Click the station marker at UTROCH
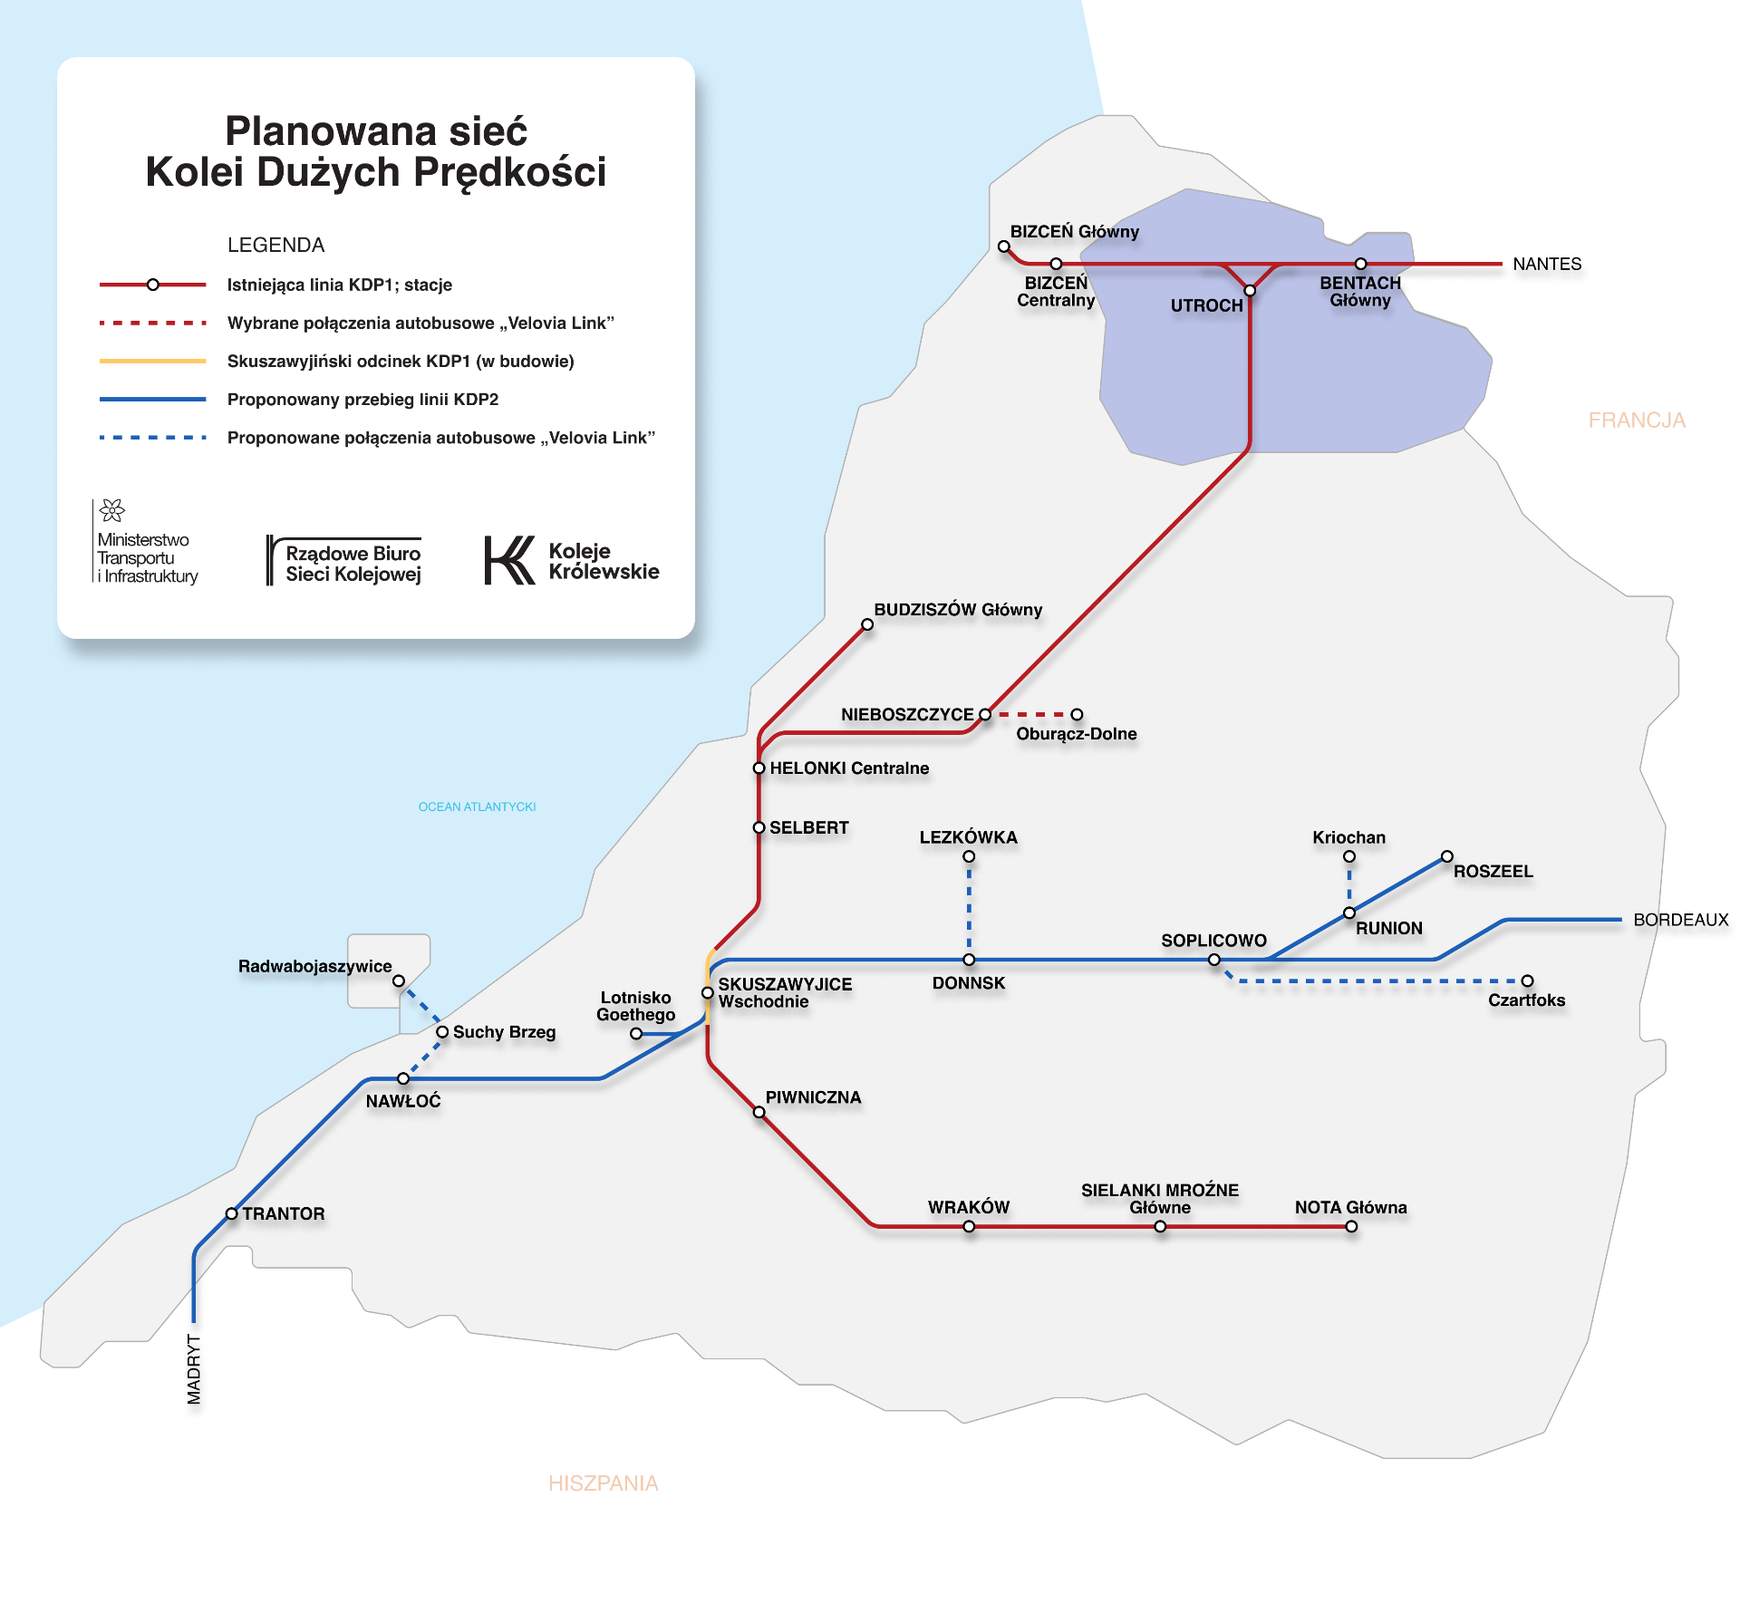coord(1250,291)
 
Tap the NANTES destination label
coord(1547,264)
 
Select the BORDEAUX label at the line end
coord(1681,920)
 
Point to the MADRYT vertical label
coord(194,1369)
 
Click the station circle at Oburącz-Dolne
coord(1077,714)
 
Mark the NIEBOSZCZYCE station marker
coord(985,714)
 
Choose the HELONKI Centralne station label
coord(849,768)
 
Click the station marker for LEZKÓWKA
coord(969,856)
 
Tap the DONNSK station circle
coord(969,960)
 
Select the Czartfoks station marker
coord(1527,980)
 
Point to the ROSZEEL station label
coord(1493,872)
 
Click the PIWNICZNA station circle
coord(759,1112)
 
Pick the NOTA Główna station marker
coord(1351,1227)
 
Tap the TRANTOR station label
coord(284,1213)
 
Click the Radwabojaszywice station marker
coord(399,980)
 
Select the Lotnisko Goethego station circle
coord(636,1033)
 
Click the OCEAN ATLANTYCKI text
coord(477,806)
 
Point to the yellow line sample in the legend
coord(152,361)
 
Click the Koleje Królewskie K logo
coord(509,560)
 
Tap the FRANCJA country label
coord(1637,420)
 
